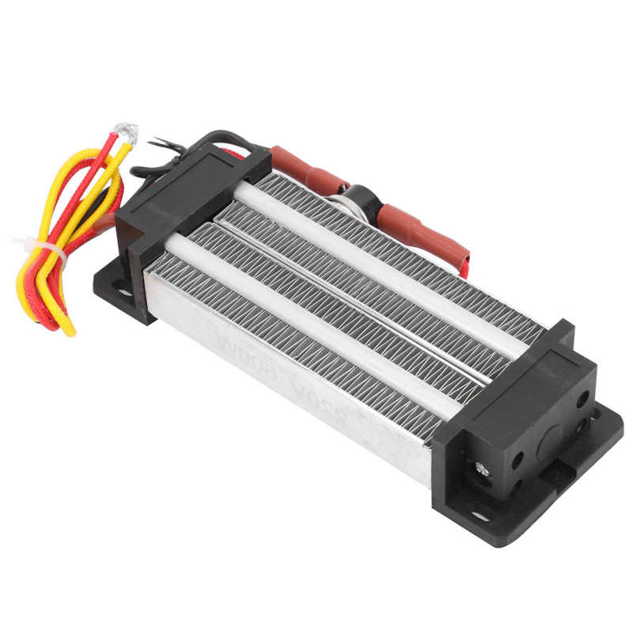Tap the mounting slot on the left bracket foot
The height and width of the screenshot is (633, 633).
[124, 292]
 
